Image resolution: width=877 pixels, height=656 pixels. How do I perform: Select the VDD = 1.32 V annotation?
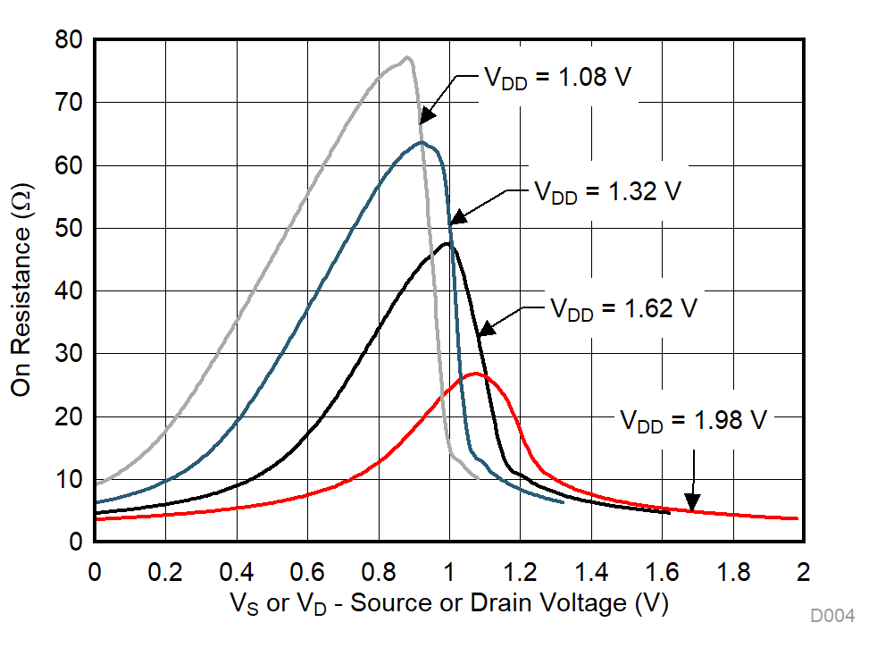607,191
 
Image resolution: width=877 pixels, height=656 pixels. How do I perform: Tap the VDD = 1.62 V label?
622,309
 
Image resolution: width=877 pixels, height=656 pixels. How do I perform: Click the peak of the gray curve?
407,58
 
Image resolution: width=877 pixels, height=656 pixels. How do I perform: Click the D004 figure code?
832,616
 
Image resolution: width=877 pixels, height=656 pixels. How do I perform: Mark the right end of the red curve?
796,518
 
